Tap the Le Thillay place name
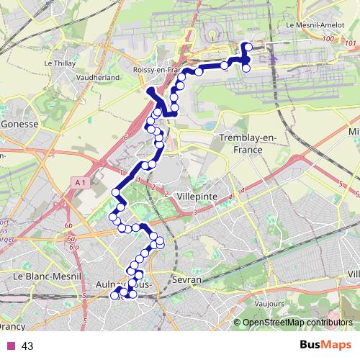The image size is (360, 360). click(60, 63)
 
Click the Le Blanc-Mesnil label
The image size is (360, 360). click(42, 276)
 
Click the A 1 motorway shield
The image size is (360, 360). click(80, 184)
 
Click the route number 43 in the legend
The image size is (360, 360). click(27, 346)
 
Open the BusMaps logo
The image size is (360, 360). click(325, 345)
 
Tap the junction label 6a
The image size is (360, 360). click(73, 246)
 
